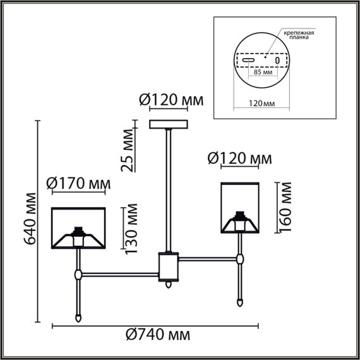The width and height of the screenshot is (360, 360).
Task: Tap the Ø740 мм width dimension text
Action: pyautogui.click(x=155, y=335)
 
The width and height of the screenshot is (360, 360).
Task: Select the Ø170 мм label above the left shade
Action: pyautogui.click(x=79, y=184)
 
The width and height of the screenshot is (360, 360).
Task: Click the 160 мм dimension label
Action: pyautogui.click(x=286, y=207)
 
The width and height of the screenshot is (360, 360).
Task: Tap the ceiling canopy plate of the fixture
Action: pyautogui.click(x=169, y=124)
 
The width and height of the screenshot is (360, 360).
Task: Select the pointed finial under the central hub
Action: pyautogui.click(x=169, y=285)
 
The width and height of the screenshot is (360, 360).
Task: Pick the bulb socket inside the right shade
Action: pyautogui.click(x=240, y=221)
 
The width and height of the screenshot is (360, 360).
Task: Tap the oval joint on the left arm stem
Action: pyautogui.click(x=78, y=274)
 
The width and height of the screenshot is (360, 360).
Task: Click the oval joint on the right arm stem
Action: pyautogui.click(x=240, y=258)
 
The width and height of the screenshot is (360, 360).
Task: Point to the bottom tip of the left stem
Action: pyautogui.click(x=78, y=318)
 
